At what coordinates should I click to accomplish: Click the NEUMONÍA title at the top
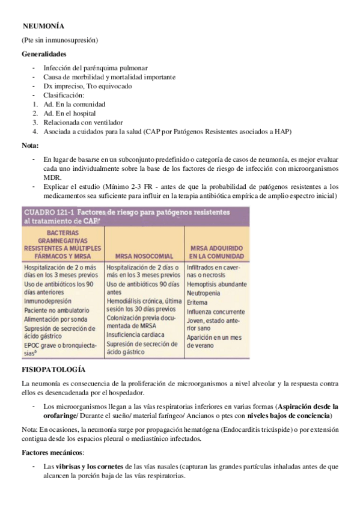click(x=43, y=26)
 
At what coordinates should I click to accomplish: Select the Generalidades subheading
click(x=44, y=54)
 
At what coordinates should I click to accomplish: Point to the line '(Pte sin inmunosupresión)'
click(x=59, y=40)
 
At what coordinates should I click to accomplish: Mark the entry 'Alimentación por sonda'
click(x=56, y=319)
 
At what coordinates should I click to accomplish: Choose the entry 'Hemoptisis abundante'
click(x=216, y=283)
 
